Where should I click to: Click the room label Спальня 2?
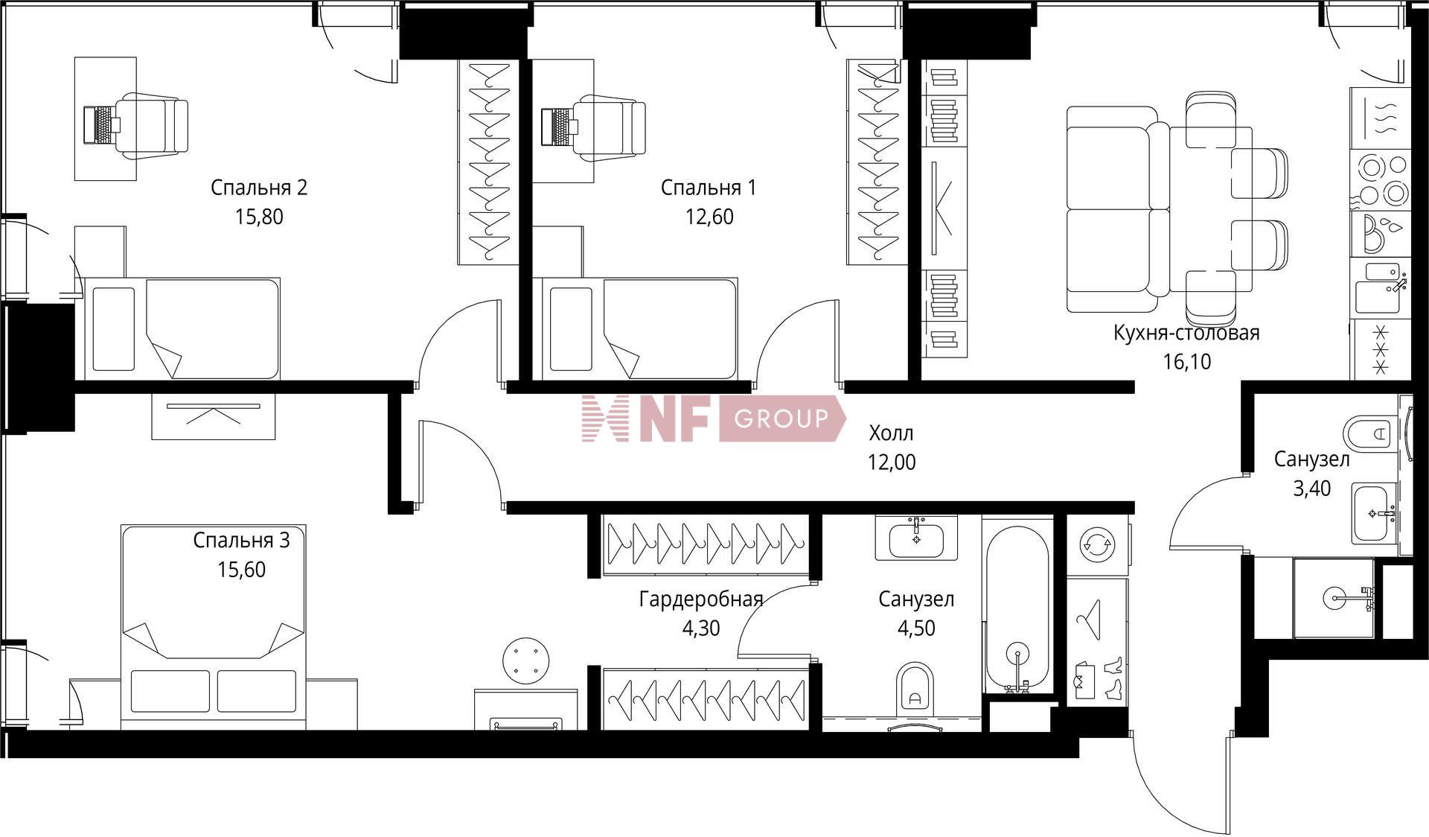[x=259, y=188]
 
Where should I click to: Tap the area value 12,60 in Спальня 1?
[x=709, y=217]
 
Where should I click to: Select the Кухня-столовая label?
[x=1186, y=333]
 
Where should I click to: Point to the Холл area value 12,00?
[x=892, y=462]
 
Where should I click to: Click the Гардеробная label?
[x=701, y=599]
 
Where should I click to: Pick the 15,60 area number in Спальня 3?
[x=241, y=570]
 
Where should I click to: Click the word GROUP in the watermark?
[x=781, y=418]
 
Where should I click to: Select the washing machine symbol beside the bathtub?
[x=1097, y=544]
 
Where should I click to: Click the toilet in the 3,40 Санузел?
[x=1368, y=433]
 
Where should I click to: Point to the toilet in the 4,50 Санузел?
[x=915, y=685]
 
